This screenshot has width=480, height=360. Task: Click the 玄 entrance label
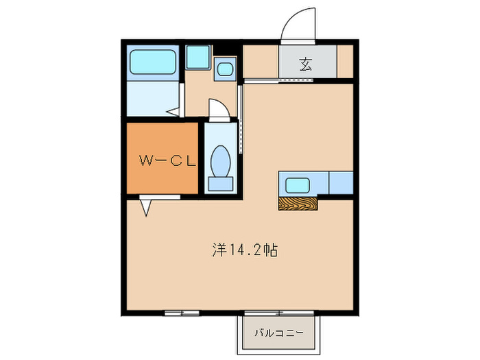click(307, 65)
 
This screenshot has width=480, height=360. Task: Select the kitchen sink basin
click(298, 184)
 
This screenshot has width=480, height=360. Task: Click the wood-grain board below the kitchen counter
click(298, 203)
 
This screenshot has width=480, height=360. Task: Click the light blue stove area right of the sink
click(341, 184)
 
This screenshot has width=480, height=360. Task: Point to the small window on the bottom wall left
click(182, 313)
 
